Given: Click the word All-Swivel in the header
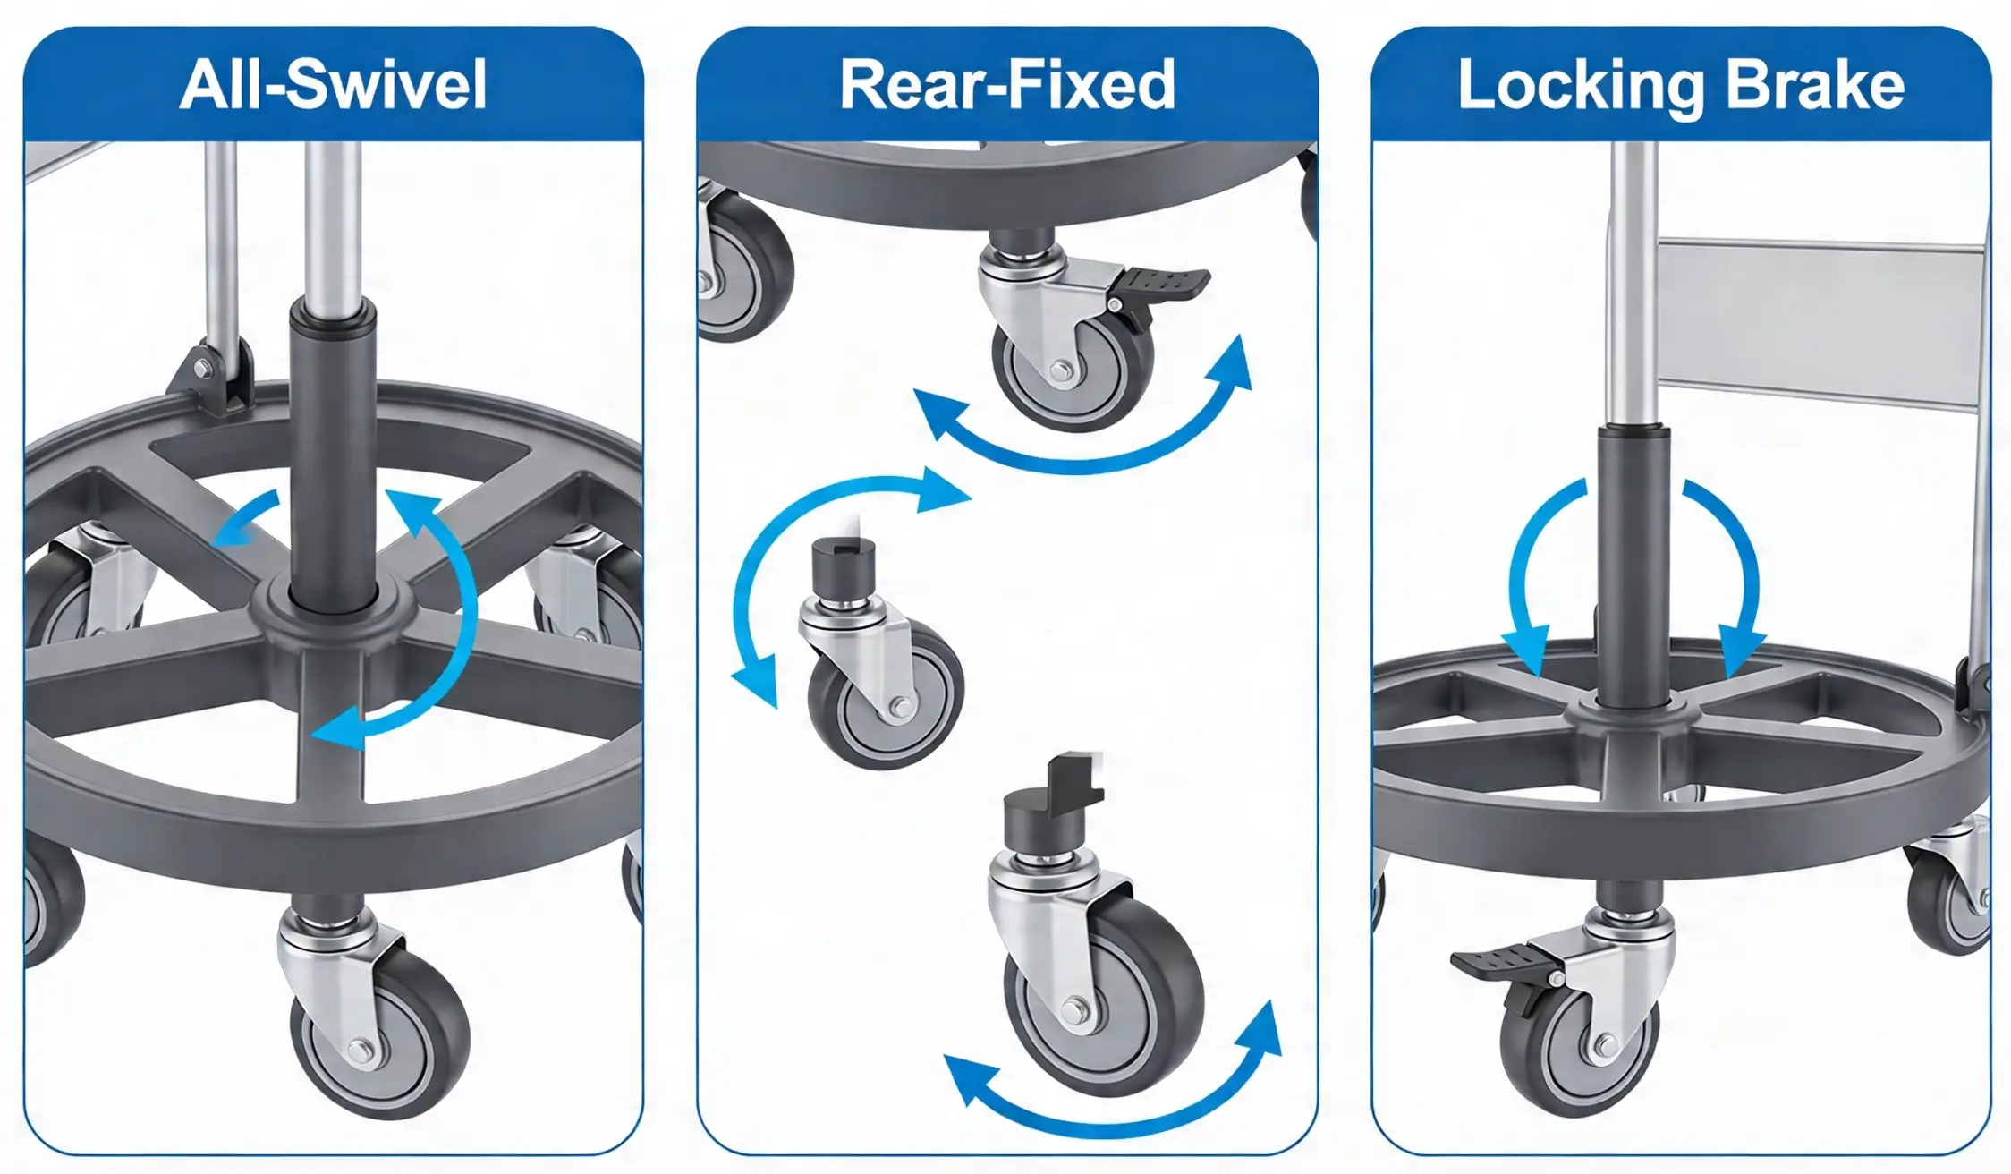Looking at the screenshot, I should pyautogui.click(x=333, y=85).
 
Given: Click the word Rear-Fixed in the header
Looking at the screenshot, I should pyautogui.click(x=1006, y=85).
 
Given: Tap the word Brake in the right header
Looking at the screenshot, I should pyautogui.click(x=1815, y=86).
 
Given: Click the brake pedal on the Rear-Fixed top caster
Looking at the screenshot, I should pyautogui.click(x=1163, y=285).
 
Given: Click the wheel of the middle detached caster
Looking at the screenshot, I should pyautogui.click(x=886, y=698).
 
